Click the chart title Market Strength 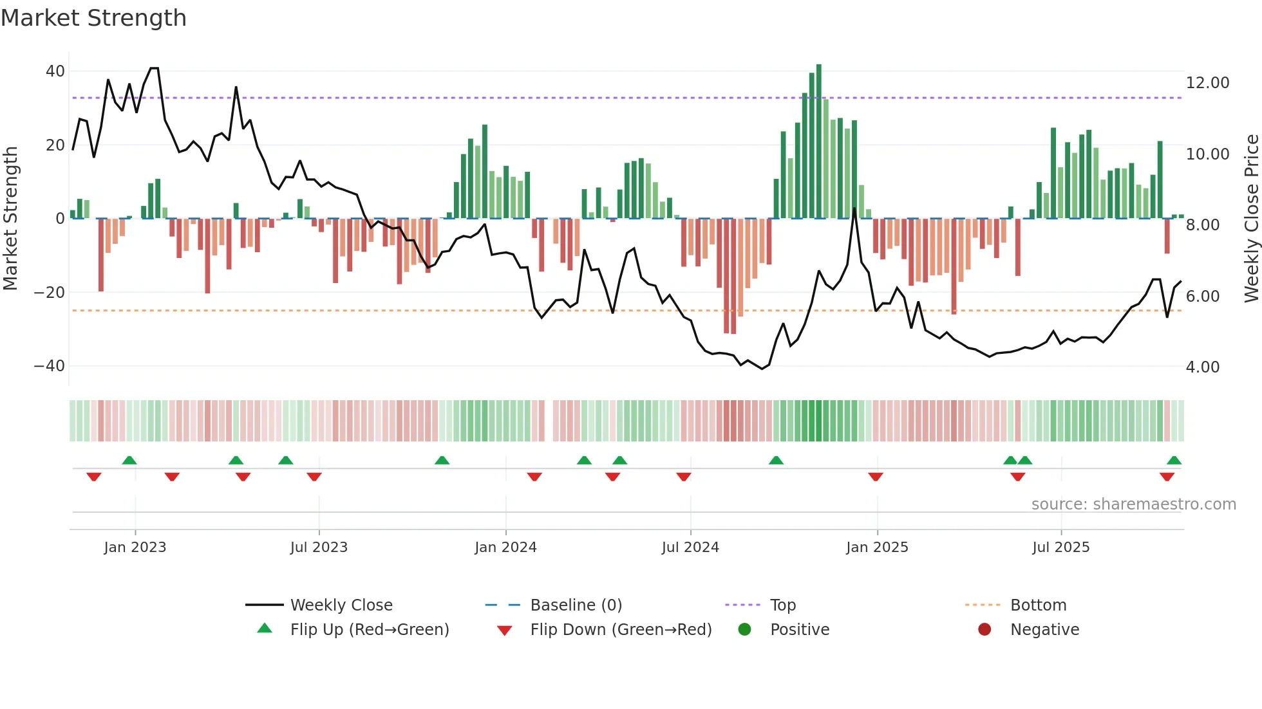coord(93,18)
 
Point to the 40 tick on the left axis coord(55,71)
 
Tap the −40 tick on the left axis coord(50,366)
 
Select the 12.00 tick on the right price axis coord(1207,83)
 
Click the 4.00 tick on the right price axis coord(1202,367)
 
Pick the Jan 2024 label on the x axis coord(505,548)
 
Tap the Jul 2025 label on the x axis coord(1060,548)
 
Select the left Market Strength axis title coord(11,219)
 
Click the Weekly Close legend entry coord(341,605)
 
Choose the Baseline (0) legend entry coord(576,605)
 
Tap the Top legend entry coord(782,605)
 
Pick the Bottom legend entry coord(1038,605)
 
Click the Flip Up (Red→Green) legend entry coord(369,630)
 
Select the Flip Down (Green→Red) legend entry coord(620,630)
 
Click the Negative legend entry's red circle coord(984,629)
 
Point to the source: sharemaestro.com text coord(1133,504)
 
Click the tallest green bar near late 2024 coord(818,142)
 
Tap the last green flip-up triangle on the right coord(1174,461)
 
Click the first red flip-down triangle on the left coord(94,477)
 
